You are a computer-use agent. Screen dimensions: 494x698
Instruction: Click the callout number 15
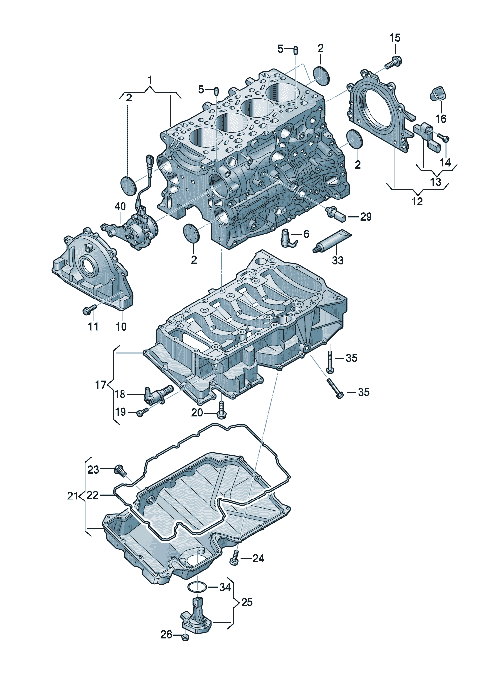tap(395, 38)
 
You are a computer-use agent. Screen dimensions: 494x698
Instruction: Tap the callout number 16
tap(441, 119)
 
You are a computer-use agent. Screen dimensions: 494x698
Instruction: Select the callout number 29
tap(366, 216)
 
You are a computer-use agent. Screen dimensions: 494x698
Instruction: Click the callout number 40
tap(120, 206)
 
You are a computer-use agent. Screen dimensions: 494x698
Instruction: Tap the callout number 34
tap(225, 588)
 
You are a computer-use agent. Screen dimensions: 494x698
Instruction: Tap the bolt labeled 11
tap(89, 309)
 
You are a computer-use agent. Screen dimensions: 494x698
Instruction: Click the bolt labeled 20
tap(221, 410)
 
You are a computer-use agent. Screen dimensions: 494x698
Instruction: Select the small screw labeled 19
tap(143, 412)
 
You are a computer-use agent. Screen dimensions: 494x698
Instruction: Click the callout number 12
tap(417, 201)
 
